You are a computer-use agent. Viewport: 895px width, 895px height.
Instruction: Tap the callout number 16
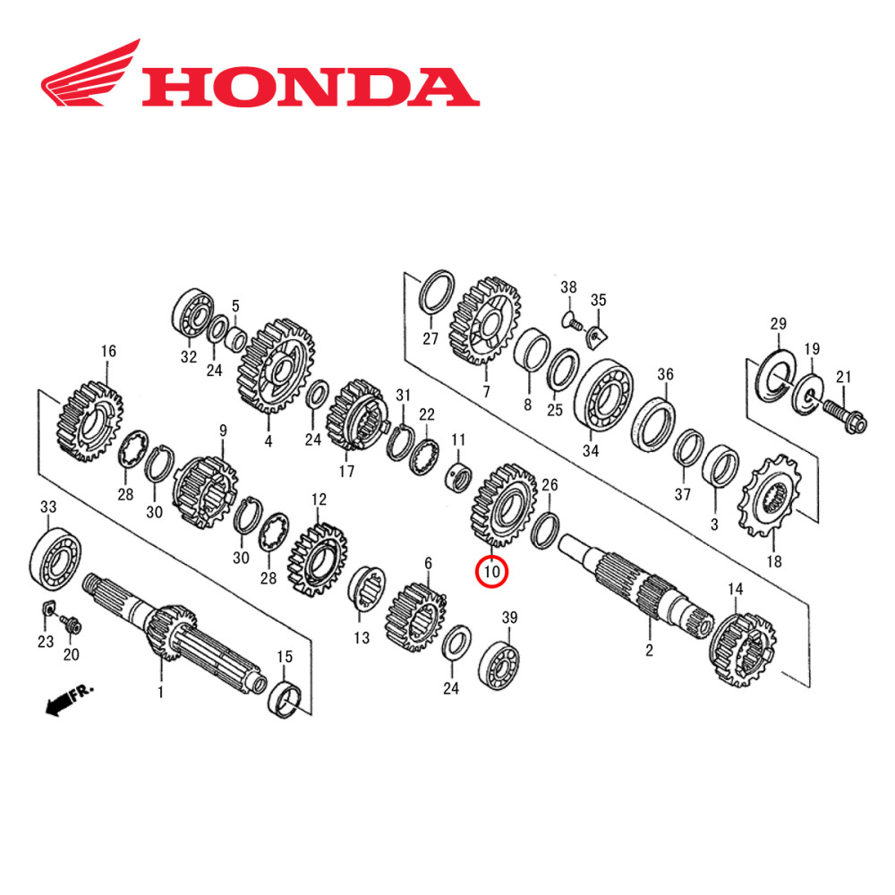[x=108, y=351]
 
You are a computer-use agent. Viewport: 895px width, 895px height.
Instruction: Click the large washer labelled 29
[x=775, y=377]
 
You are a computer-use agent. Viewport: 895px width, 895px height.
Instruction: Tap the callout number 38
[x=569, y=286]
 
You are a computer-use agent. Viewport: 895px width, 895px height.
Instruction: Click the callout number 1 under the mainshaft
[x=161, y=692]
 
